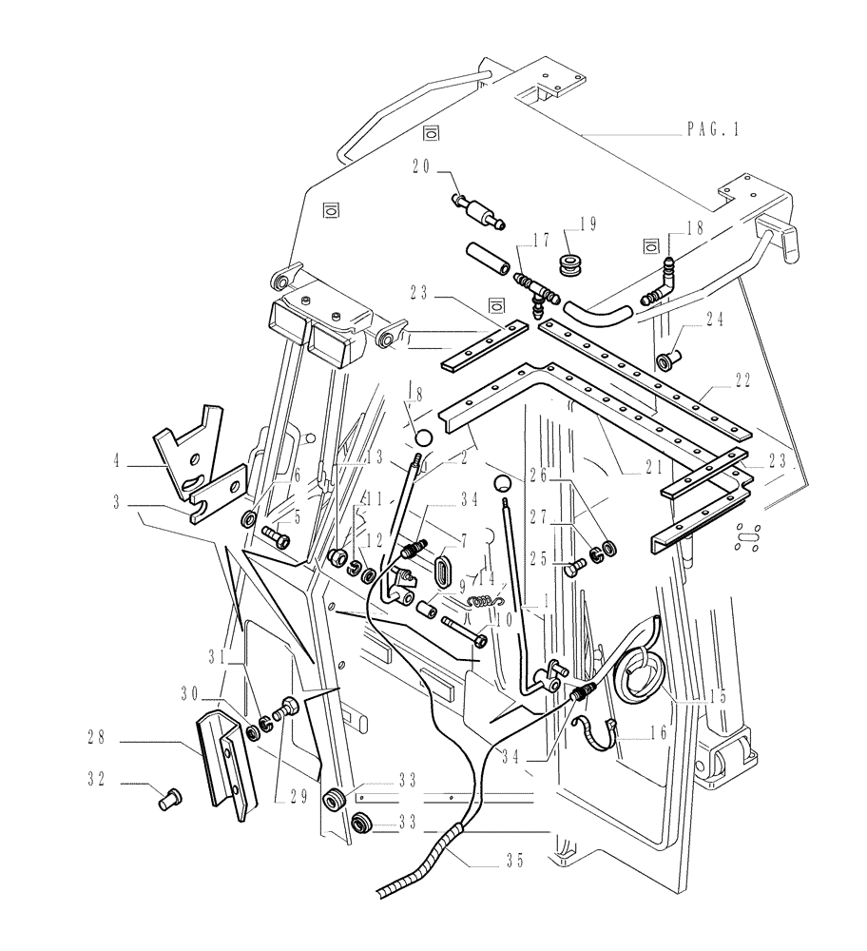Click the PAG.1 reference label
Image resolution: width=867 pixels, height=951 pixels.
[712, 130]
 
